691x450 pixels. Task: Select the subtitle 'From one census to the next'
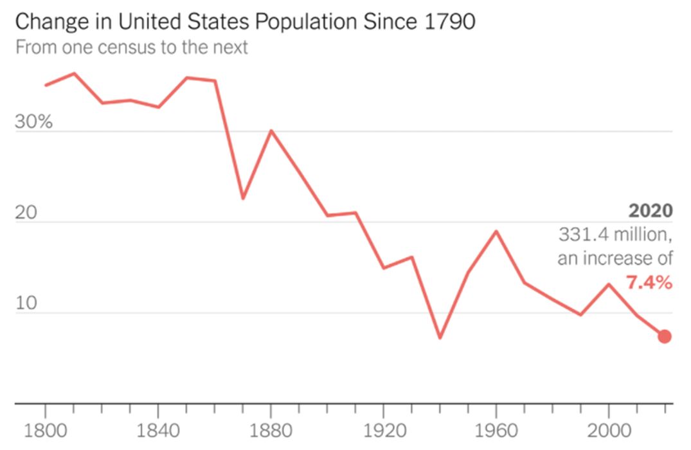(131, 48)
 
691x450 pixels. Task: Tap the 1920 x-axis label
(384, 429)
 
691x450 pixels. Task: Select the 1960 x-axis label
(496, 429)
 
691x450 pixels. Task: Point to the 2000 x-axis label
(609, 429)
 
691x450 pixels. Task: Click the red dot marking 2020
(665, 336)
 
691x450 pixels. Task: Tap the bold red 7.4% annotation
(649, 282)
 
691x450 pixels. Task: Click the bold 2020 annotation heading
(651, 211)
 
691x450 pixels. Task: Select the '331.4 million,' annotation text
(615, 235)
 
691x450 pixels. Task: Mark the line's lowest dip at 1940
(440, 337)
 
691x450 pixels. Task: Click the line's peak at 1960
(496, 231)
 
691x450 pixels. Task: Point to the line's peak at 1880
(271, 130)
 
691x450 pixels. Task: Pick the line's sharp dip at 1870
(243, 198)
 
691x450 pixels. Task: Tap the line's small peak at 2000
(609, 284)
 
